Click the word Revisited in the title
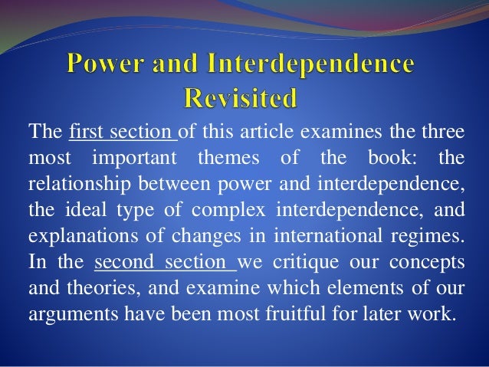click(244, 98)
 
